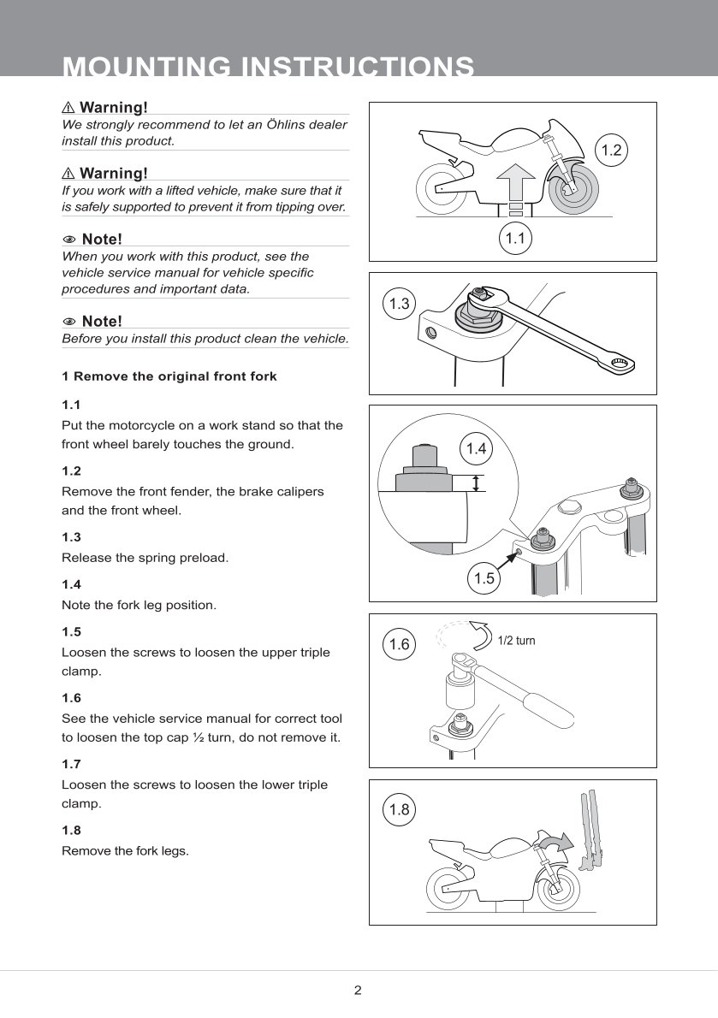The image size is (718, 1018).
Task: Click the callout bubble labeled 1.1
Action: (x=515, y=239)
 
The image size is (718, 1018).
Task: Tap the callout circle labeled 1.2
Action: (x=611, y=151)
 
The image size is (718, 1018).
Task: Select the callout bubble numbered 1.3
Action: (x=399, y=304)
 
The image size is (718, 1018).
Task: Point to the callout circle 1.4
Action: (x=476, y=448)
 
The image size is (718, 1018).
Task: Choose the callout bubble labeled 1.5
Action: (x=484, y=578)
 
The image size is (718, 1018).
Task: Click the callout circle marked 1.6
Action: (x=399, y=644)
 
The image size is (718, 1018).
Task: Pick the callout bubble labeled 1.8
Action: (x=399, y=809)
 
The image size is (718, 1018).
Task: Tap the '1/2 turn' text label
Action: (x=516, y=641)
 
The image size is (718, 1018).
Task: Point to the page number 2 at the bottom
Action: (x=358, y=990)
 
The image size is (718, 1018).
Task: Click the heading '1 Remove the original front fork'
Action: (x=169, y=376)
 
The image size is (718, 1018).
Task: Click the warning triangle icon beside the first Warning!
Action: (x=68, y=107)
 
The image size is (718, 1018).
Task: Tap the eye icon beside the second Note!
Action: (x=68, y=322)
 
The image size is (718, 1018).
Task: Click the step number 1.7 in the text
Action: (x=71, y=764)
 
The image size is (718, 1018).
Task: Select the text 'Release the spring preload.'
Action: (x=145, y=558)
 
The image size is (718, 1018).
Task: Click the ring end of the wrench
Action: (x=620, y=364)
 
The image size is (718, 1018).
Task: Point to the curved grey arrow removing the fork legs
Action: (x=557, y=842)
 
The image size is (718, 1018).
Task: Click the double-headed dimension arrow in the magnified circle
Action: (x=477, y=483)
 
